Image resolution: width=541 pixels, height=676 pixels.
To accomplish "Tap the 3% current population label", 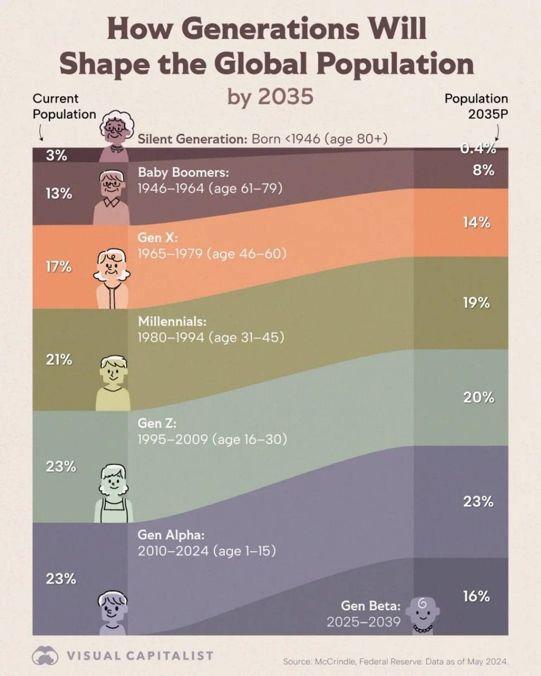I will (56, 155).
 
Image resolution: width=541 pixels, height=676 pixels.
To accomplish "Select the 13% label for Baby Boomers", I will (59, 194).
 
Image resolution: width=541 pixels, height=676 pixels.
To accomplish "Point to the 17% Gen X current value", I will (59, 266).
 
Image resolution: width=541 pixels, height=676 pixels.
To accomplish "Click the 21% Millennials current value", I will (59, 359).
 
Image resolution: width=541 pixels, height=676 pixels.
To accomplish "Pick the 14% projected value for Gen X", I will (477, 223).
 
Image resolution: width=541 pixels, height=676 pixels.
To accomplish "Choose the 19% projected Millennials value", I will (477, 303).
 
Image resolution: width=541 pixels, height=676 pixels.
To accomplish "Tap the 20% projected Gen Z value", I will (478, 397).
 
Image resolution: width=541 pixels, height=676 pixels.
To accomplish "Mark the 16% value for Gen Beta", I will (477, 596).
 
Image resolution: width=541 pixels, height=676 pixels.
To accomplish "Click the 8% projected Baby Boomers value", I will (484, 170).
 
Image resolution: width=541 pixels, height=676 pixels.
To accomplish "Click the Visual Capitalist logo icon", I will (45, 655).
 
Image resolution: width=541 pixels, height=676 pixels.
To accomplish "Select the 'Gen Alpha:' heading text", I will (171, 534).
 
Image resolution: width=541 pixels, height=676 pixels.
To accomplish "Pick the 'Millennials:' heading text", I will (172, 322).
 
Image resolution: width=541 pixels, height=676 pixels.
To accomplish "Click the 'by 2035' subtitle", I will (270, 96).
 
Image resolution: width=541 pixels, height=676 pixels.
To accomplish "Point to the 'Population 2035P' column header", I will (476, 106).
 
